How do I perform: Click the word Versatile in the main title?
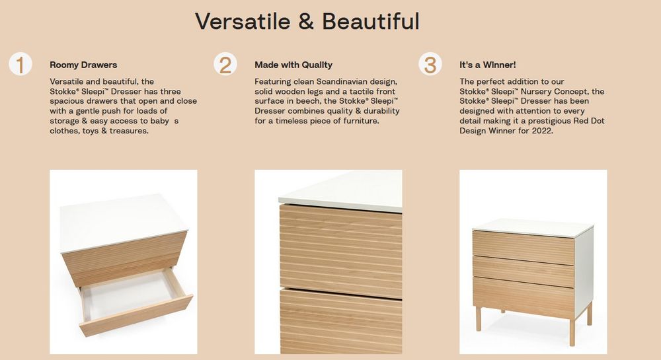[x=243, y=22]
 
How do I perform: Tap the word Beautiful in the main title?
[x=371, y=22]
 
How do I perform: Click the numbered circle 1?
[x=20, y=65]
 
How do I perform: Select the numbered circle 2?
[x=225, y=65]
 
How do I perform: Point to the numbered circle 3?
[x=430, y=65]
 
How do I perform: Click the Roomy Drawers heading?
[x=83, y=65]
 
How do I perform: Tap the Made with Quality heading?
[x=293, y=65]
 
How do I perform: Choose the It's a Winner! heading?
[x=488, y=65]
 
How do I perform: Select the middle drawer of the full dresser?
[x=524, y=271]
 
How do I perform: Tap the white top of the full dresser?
[x=532, y=227]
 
